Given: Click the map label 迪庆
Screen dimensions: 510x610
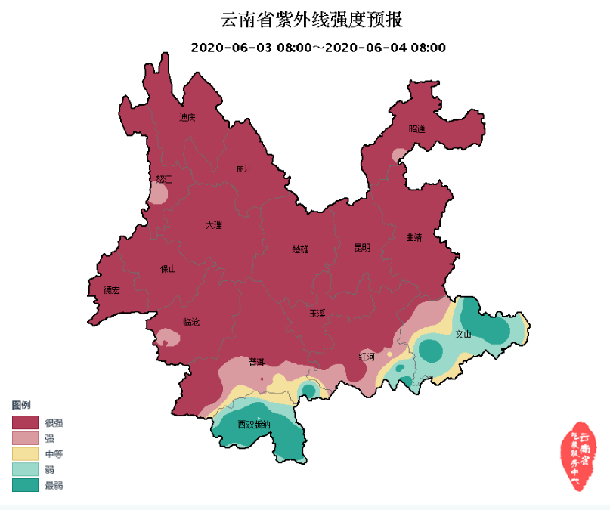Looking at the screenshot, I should pos(187,117).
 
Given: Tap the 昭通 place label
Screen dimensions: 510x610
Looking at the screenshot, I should pos(416,128).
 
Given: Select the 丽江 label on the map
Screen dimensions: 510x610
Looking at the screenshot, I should pos(244,168).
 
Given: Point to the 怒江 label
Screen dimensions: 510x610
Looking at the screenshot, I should pos(164,179).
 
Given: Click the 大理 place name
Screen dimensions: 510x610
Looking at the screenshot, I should pos(214,224).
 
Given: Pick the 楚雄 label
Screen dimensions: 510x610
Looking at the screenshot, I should pos(301,249).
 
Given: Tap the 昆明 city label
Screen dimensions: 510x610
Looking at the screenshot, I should pos(362,247).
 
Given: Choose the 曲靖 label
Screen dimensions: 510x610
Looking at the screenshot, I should pos(413,236).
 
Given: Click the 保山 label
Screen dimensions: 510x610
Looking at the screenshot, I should pos(168,268).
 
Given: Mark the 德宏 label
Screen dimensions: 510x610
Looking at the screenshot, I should pos(111,290).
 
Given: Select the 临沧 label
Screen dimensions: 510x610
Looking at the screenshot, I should pos(191,322).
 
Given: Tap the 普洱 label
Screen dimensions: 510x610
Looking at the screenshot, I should pos(257,361).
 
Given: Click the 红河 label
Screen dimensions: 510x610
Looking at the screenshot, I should pos(367,356).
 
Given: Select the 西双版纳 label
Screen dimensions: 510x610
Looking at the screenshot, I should pos(253,424).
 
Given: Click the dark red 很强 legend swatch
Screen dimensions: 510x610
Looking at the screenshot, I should pos(24,422).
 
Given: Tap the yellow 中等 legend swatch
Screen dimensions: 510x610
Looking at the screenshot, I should pos(24,453).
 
